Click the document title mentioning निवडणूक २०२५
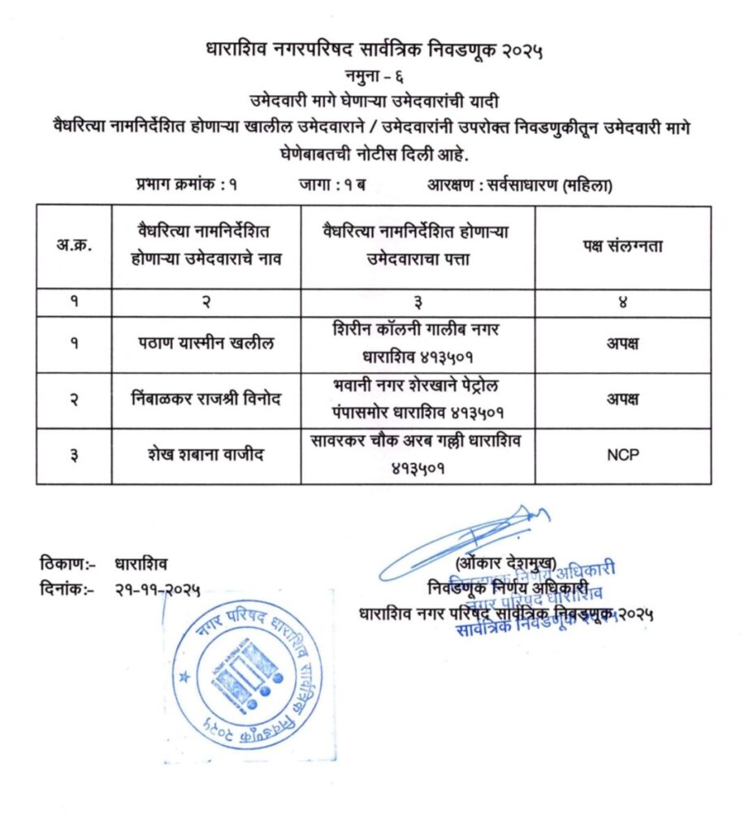click(x=374, y=51)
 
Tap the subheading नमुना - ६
click(x=374, y=77)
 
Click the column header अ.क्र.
click(x=74, y=246)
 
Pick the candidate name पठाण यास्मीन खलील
click(x=206, y=344)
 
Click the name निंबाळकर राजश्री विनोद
click(x=206, y=400)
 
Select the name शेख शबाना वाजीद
click(x=206, y=455)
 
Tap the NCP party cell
click(x=622, y=455)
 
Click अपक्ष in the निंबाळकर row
click(x=622, y=400)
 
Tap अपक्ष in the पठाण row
click(x=622, y=344)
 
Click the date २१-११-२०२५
click(x=158, y=590)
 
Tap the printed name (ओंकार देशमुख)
click(x=505, y=562)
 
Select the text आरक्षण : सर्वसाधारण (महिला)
click(x=520, y=185)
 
